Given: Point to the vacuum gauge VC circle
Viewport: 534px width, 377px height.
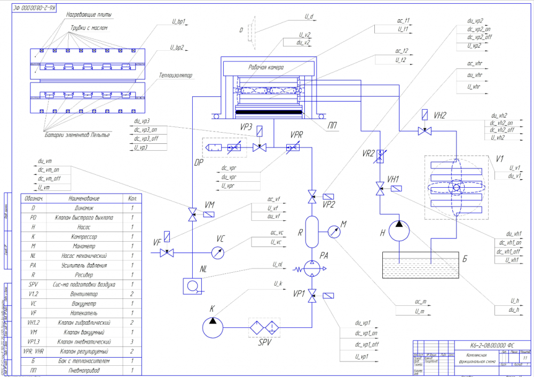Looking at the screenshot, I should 217,252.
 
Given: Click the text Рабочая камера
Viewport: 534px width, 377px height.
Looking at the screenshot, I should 265,68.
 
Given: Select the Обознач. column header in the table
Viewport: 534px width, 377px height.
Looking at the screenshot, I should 33,198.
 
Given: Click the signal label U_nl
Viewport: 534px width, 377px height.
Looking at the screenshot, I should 277,264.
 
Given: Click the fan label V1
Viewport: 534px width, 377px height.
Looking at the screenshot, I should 500,158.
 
